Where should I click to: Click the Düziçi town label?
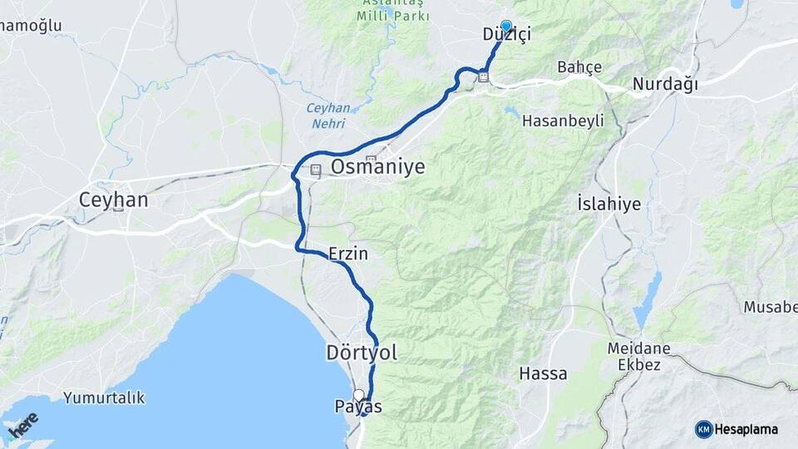point(506,35)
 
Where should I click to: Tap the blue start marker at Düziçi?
point(506,26)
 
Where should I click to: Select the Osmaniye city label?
point(378,167)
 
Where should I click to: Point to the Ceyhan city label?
point(113,200)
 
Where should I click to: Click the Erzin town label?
point(348,253)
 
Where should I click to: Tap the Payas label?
point(358,407)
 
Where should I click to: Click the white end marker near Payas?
point(358,395)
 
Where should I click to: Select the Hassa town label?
point(543,373)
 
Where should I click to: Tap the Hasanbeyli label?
point(563,121)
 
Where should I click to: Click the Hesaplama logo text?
point(746,429)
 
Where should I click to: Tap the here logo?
point(23,426)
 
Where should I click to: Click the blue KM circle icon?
point(703,429)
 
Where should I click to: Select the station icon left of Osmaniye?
point(316,170)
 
